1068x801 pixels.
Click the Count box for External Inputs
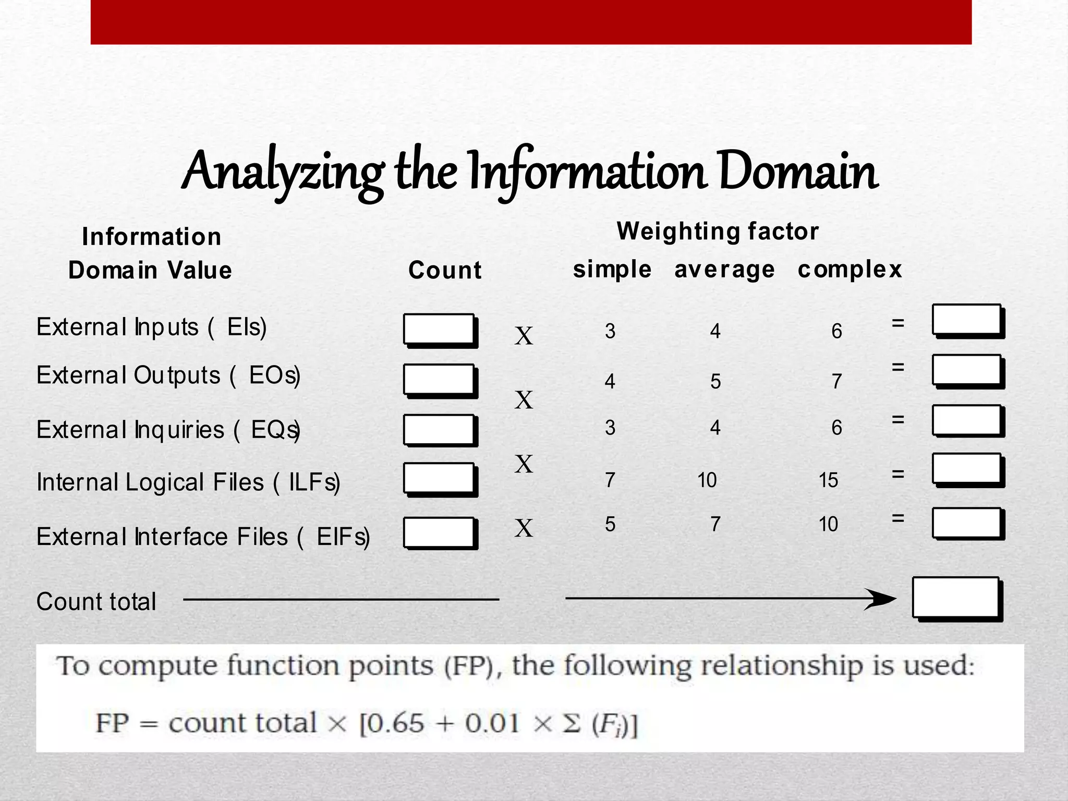(x=439, y=330)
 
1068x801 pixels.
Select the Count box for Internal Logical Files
(x=439, y=479)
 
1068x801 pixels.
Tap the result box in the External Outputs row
(x=967, y=371)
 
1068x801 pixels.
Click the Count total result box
(x=956, y=598)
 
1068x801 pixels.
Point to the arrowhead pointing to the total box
(x=881, y=599)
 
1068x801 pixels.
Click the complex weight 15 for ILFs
(x=828, y=480)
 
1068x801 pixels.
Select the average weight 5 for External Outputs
(x=715, y=382)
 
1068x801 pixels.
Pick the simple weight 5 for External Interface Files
(x=610, y=524)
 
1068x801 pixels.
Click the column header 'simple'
(x=612, y=270)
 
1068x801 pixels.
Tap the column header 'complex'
(x=849, y=270)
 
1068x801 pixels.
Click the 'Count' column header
(x=445, y=270)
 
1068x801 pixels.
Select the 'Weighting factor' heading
(x=718, y=231)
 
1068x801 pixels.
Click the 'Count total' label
(x=96, y=601)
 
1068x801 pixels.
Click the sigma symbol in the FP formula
(x=572, y=723)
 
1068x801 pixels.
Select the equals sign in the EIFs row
(x=897, y=518)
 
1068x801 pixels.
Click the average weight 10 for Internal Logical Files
(x=707, y=480)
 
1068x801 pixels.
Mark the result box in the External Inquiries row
(x=967, y=421)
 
